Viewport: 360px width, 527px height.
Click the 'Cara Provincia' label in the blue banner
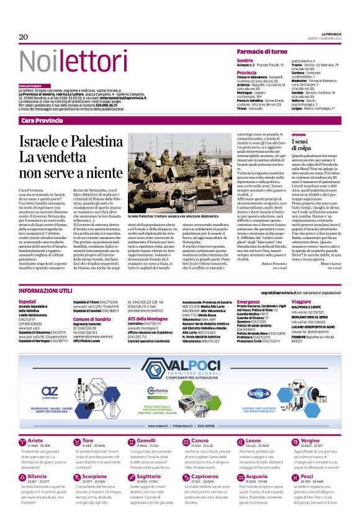click(x=42, y=119)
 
